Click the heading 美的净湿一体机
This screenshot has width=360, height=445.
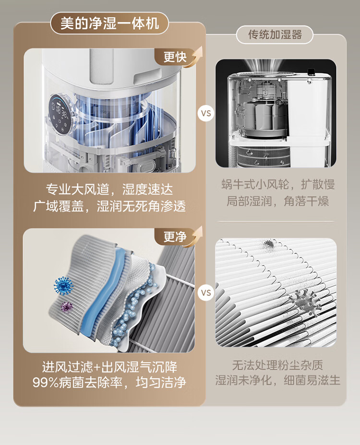click(109, 23)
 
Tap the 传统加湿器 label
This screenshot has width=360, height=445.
click(275, 35)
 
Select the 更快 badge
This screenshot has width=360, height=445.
click(175, 57)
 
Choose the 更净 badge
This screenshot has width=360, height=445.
click(175, 237)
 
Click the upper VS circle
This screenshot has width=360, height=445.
click(206, 113)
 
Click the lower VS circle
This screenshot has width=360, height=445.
click(206, 293)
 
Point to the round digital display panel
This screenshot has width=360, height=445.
click(60, 115)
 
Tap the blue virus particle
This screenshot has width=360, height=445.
click(63, 286)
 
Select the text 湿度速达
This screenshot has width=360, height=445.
click(147, 189)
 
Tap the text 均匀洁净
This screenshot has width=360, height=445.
click(161, 382)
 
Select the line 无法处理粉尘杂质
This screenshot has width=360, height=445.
click(277, 365)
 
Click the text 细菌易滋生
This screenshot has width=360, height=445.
click(312, 380)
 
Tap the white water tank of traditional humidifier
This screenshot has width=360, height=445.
click(308, 111)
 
